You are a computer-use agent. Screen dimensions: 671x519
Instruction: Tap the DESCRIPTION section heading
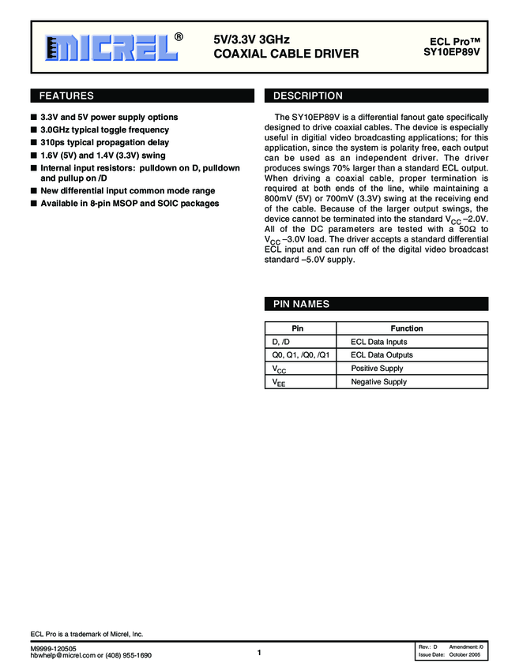[x=308, y=96]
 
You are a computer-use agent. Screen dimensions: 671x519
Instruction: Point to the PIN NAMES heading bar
[x=302, y=305]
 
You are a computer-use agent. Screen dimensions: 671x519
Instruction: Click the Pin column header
[x=297, y=328]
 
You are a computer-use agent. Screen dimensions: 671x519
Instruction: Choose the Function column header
[x=407, y=328]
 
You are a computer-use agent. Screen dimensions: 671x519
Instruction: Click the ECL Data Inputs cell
[x=379, y=342]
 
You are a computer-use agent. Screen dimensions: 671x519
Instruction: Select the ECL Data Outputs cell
[x=382, y=355]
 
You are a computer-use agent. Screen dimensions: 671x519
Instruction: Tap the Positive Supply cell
[x=377, y=369]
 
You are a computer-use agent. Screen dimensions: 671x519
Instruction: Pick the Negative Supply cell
[x=378, y=382]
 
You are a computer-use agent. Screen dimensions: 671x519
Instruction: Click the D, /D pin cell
[x=281, y=342]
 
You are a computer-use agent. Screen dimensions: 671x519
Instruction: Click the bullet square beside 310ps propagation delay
[x=33, y=143]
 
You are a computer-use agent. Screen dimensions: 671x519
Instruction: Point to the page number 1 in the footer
[x=259, y=652]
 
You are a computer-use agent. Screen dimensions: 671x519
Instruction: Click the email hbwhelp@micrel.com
[x=65, y=655]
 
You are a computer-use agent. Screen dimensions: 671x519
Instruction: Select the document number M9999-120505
[x=53, y=647]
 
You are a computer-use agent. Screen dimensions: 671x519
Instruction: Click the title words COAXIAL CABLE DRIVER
[x=286, y=54]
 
